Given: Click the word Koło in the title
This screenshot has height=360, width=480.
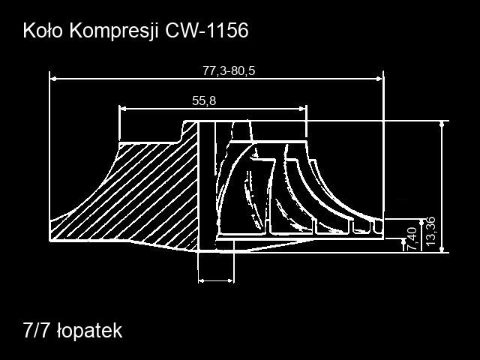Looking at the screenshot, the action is [43, 31].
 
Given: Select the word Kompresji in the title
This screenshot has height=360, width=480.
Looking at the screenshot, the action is [114, 31].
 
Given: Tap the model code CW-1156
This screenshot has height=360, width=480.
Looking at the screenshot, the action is [207, 31].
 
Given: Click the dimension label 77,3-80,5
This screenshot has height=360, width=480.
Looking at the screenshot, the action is [229, 71].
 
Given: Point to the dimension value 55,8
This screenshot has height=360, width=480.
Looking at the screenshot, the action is [204, 100].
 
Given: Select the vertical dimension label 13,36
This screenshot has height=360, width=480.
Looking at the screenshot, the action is [430, 232].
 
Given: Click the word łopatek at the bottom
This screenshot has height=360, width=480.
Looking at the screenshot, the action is [90, 331].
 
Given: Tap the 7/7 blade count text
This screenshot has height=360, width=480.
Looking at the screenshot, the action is [36, 330].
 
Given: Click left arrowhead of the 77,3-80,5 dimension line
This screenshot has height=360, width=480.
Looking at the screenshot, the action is [53, 79].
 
